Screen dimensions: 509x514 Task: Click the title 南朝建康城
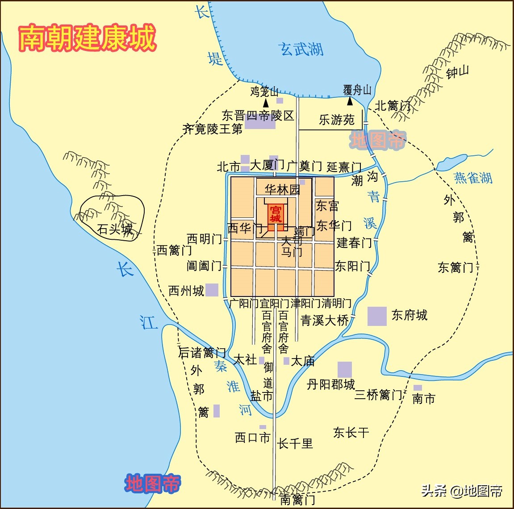click(x=87, y=38)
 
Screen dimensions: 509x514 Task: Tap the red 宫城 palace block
click(x=276, y=214)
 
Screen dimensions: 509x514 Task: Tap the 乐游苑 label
click(x=336, y=120)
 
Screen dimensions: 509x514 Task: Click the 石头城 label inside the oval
click(x=115, y=229)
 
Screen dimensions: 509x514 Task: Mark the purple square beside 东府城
click(x=377, y=316)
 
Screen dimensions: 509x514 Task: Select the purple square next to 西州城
click(x=212, y=290)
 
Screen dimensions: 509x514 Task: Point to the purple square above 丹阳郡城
click(x=344, y=370)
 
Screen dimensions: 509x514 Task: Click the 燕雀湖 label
click(x=473, y=178)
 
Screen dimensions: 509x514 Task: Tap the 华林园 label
click(x=282, y=189)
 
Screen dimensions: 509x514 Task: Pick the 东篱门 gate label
click(x=455, y=267)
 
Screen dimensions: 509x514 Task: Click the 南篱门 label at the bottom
click(x=297, y=499)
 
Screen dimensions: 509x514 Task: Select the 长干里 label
click(x=295, y=443)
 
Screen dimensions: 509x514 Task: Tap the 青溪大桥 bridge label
click(x=325, y=320)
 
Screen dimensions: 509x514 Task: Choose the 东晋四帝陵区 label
click(x=258, y=116)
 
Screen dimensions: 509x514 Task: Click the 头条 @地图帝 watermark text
click(x=462, y=491)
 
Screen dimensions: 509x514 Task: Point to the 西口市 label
click(x=253, y=438)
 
